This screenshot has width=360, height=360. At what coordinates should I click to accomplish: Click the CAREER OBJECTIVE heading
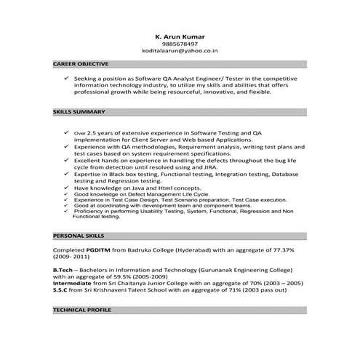[x=81, y=64]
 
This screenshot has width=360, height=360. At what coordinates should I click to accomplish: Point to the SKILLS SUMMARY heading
[x=79, y=112]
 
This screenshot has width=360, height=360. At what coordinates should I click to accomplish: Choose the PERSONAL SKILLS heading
[x=79, y=236]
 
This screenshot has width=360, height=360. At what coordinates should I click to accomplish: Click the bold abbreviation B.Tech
[x=63, y=269]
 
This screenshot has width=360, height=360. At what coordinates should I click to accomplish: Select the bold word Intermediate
[x=73, y=283]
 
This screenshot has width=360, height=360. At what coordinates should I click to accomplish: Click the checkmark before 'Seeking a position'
[x=66, y=77]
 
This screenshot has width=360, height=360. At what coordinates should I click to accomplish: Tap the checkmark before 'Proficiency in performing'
[x=66, y=211]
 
